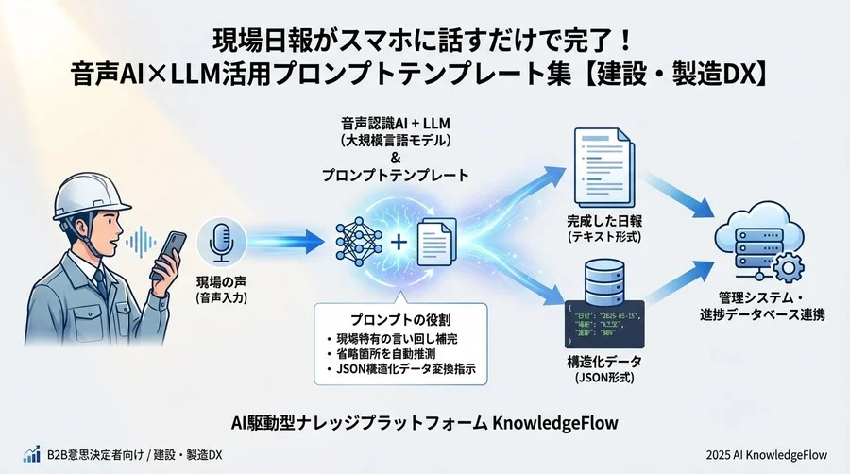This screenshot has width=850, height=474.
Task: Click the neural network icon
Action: click(361, 242)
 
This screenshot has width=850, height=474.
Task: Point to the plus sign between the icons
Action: click(399, 243)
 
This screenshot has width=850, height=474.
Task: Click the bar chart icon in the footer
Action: click(32, 454)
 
